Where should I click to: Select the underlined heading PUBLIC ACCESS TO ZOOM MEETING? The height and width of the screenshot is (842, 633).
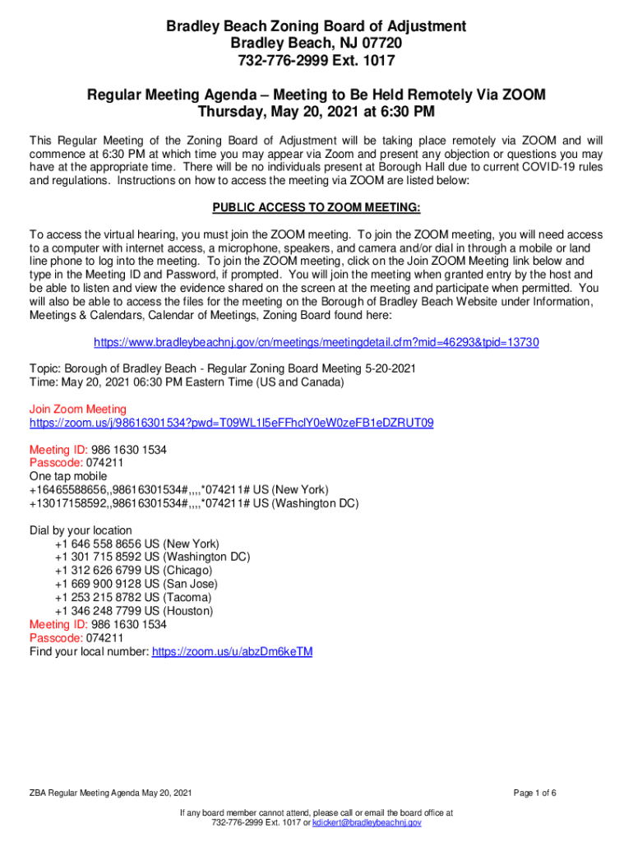click(x=316, y=207)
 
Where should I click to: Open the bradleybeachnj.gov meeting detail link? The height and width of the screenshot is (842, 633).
click(x=316, y=342)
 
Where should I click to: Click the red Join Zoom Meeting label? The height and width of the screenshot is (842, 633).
click(x=78, y=409)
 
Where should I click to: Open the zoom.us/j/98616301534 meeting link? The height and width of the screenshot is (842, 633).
click(x=232, y=423)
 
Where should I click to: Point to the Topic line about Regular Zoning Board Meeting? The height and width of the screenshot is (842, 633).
click(x=223, y=368)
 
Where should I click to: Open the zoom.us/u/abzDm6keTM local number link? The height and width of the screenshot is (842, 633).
click(x=233, y=652)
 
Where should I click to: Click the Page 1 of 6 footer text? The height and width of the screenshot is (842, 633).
click(x=535, y=793)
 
